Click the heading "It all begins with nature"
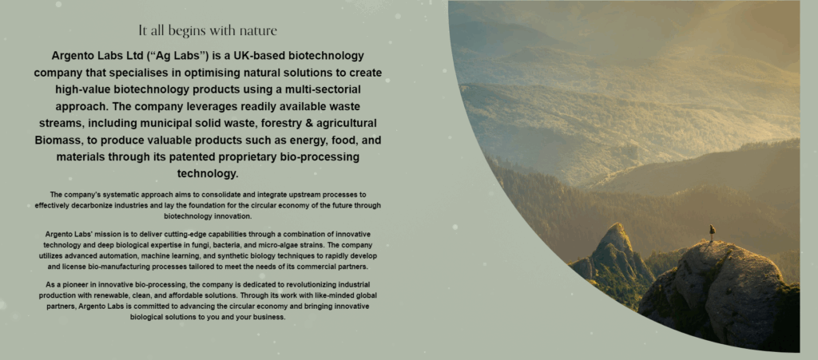208,31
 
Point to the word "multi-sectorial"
323,89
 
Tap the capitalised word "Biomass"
57,140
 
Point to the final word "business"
268,317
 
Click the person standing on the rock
712,231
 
